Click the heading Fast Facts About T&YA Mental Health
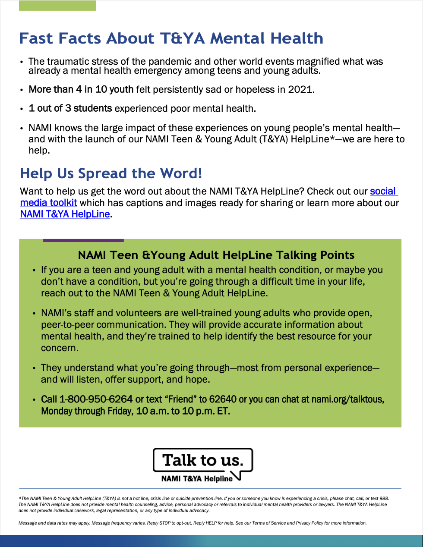pyautogui.click(x=171, y=38)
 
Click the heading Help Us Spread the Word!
pyautogui.click(x=111, y=173)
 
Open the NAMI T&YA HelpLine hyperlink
pyautogui.click(x=65, y=214)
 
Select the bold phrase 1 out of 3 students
pyautogui.click(x=70, y=108)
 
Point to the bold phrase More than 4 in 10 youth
pyautogui.click(x=81, y=90)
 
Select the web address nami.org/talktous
pyautogui.click(x=347, y=399)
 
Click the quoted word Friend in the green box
pyautogui.click(x=180, y=399)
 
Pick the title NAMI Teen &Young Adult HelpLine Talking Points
pyautogui.click(x=216, y=255)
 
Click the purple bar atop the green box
pyautogui.click(x=83, y=240)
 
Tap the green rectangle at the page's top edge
pyautogui.click(x=57, y=6)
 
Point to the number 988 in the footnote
pyautogui.click(x=384, y=498)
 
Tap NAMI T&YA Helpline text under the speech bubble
pyautogui.click(x=197, y=479)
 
